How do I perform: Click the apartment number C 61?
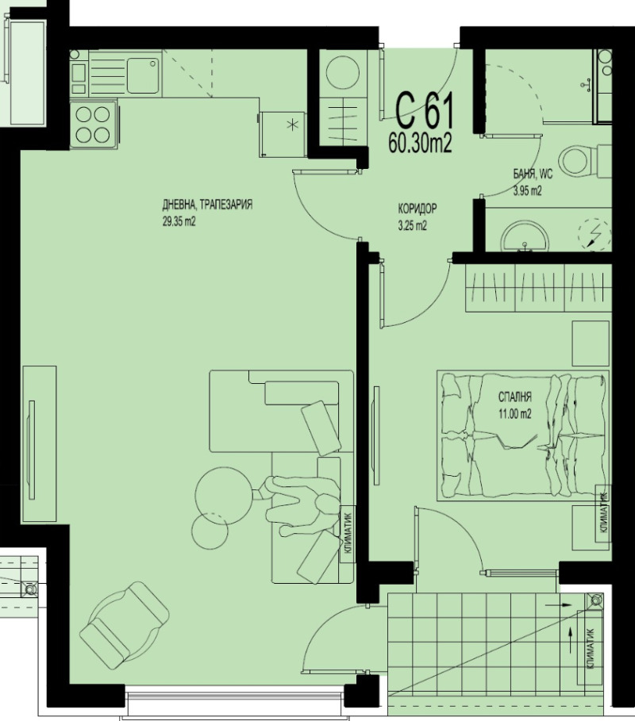click(x=425, y=112)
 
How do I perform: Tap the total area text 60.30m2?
click(x=420, y=143)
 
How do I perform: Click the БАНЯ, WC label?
click(x=532, y=175)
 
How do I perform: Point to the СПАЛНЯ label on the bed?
click(x=514, y=398)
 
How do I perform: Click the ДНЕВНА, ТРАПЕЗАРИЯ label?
click(x=207, y=205)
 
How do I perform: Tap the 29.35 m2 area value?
click(x=179, y=222)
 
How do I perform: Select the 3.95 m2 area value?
click(x=526, y=190)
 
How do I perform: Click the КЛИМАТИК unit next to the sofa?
click(x=348, y=534)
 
